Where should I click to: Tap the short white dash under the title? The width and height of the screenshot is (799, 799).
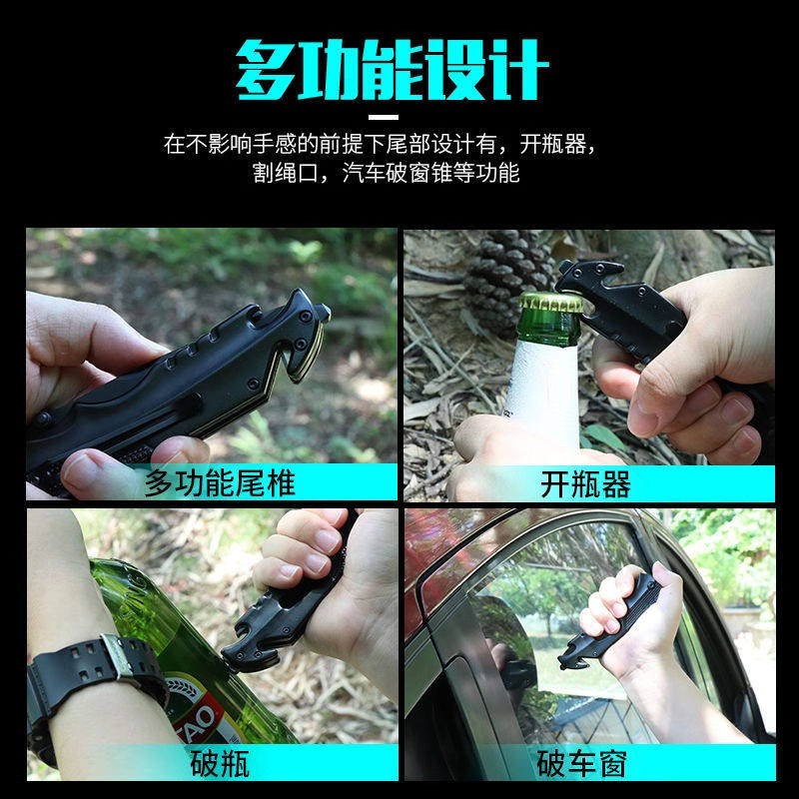coord(398,118)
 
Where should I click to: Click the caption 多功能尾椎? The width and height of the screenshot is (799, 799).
coord(219,484)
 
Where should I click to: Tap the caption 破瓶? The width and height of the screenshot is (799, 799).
coord(219,764)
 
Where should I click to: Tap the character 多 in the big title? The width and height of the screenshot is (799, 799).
coord(269,70)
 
